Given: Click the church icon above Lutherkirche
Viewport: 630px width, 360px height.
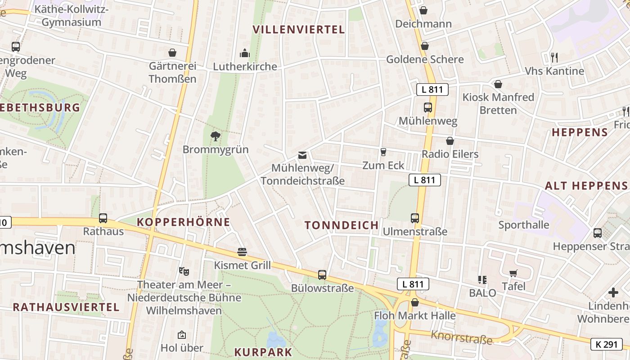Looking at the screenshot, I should tap(245, 54).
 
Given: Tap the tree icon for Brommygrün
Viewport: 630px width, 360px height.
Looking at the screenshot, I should tap(216, 136).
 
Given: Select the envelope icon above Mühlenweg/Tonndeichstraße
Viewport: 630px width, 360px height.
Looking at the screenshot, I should tap(302, 155).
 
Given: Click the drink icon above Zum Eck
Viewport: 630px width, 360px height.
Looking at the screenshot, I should tap(383, 152).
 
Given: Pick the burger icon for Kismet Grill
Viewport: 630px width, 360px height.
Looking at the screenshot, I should tap(242, 252).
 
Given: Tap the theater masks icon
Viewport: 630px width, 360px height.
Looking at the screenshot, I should tap(184, 271).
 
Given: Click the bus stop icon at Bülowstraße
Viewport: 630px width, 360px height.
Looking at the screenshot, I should tap(322, 274).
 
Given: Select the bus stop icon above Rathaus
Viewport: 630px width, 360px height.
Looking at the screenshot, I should tap(103, 218).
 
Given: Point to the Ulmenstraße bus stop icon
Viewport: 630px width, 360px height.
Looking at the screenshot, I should tap(415, 218).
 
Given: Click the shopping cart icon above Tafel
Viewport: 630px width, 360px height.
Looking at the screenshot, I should tap(513, 273).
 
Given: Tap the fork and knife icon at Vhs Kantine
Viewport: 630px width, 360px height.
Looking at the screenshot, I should tap(554, 58).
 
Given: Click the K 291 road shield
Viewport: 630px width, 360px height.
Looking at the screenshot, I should tap(606, 344).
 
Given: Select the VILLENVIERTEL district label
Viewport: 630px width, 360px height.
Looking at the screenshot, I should tap(299, 30).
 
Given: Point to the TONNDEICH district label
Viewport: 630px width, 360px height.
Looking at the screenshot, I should tap(342, 225).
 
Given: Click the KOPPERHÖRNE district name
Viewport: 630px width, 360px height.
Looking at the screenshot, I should tap(184, 222).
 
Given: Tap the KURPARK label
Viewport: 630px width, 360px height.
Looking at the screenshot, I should tap(263, 352).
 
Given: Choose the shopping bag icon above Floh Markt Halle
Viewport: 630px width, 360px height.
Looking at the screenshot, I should tap(415, 302).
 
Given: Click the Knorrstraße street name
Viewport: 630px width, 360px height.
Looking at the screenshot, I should tap(461, 337).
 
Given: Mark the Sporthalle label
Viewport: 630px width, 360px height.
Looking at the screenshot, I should tap(524, 225).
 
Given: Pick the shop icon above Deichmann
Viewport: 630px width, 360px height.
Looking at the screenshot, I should tap(423, 10).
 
